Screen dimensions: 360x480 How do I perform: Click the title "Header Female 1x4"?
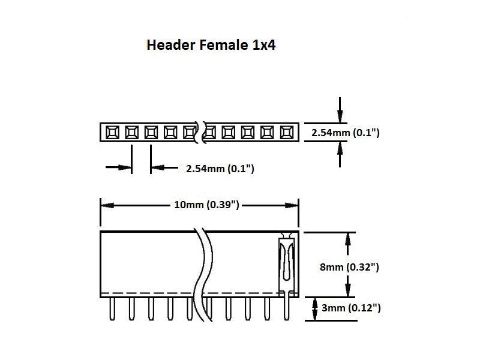(x=211, y=45)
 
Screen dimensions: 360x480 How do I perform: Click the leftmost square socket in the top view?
(x=112, y=132)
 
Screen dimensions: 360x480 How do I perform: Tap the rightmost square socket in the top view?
(x=287, y=132)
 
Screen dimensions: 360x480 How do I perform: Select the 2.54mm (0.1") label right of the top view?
(x=345, y=133)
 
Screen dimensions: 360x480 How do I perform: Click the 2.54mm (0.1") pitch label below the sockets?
(x=220, y=169)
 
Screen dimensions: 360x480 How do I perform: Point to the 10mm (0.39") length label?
(x=206, y=205)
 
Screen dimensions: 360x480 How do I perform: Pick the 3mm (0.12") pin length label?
(x=350, y=308)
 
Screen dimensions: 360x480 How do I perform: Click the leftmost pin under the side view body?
(x=112, y=308)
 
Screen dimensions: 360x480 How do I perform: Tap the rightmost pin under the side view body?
(x=287, y=308)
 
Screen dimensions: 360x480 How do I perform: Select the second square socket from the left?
(x=131, y=132)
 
